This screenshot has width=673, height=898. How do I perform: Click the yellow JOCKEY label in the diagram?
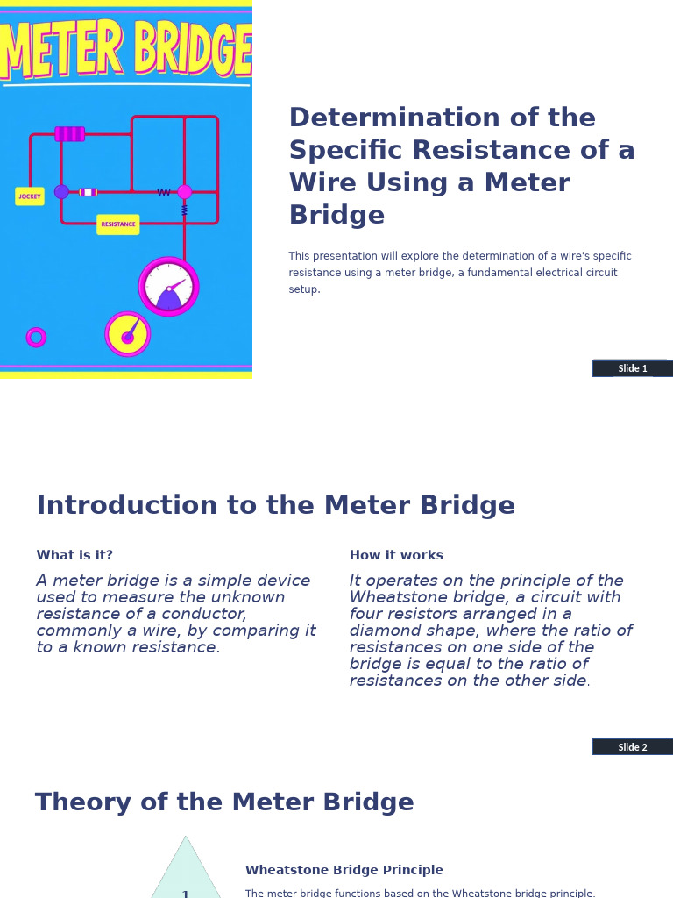click(30, 196)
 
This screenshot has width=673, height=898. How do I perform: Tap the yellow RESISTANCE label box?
click(118, 224)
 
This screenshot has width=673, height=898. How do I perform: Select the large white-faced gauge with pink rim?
click(169, 287)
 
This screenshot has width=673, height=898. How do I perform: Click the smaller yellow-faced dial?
click(128, 335)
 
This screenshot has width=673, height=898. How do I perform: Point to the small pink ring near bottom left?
click(36, 338)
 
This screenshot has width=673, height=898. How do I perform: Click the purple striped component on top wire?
click(70, 134)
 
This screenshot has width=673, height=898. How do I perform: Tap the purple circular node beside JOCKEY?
click(61, 192)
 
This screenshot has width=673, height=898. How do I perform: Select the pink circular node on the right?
click(184, 192)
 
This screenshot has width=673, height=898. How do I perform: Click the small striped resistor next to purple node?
click(88, 192)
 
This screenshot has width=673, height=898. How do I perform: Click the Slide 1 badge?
click(632, 368)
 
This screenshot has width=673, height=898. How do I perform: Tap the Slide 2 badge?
click(632, 747)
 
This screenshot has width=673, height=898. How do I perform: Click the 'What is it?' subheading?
click(74, 556)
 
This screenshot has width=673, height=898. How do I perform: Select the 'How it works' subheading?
click(396, 556)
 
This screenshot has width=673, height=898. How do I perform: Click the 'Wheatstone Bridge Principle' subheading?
click(344, 871)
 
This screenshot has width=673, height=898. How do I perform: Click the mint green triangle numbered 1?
click(185, 877)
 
